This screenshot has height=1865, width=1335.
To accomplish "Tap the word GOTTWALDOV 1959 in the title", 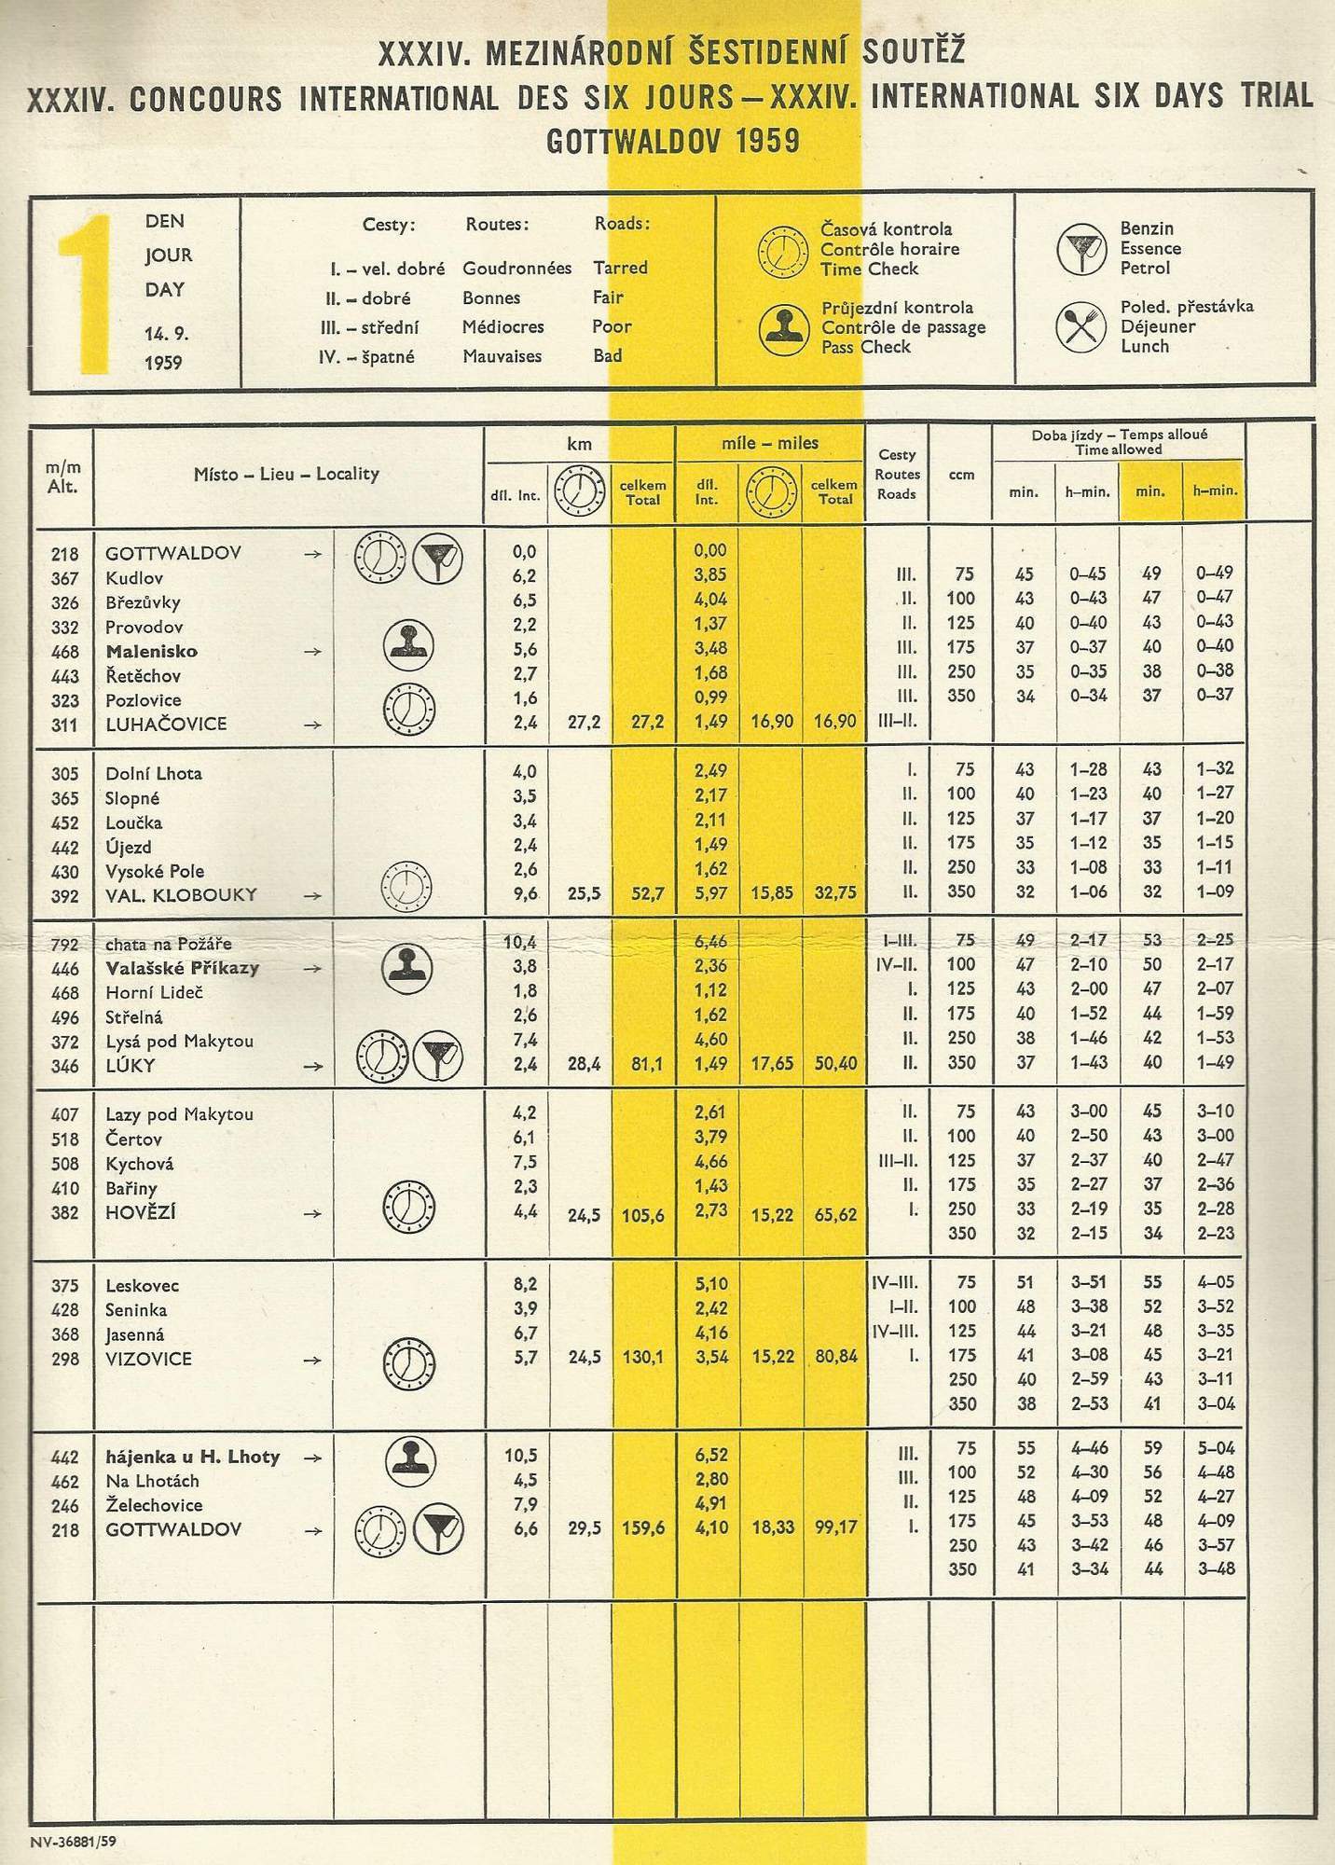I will [x=672, y=141].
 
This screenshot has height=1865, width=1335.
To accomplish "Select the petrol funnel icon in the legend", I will [x=1081, y=249].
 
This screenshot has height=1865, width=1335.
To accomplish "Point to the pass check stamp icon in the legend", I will [x=782, y=328].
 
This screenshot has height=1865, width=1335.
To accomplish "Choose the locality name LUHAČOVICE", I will [x=166, y=725].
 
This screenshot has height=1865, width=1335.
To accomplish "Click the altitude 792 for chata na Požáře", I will [x=64, y=944].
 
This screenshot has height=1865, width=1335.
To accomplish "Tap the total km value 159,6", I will [x=643, y=1528].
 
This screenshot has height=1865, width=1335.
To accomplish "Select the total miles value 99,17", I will [x=834, y=1528].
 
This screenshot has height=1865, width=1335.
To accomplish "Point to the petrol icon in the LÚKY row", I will [x=436, y=1057].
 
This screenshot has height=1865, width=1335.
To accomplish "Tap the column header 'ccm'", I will [x=961, y=475].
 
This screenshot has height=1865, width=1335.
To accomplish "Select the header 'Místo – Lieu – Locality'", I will [x=286, y=474].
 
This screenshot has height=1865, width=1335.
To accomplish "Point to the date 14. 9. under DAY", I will [x=166, y=333].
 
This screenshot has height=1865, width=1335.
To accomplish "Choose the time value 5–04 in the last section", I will [x=1214, y=1448].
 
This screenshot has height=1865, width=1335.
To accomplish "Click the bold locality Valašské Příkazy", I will [x=182, y=968].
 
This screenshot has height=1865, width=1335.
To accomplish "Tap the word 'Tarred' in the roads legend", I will [x=620, y=268].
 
